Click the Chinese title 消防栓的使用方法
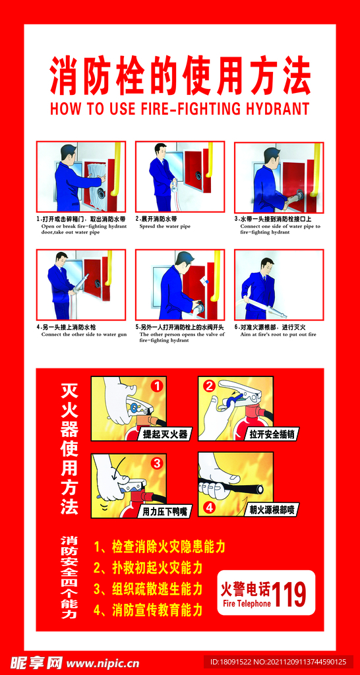[180, 76]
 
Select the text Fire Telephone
[247, 603]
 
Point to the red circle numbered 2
[209, 386]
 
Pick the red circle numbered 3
[156, 463]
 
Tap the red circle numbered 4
[209, 508]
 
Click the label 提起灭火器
[165, 434]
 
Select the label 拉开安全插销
[272, 434]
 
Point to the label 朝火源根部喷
[271, 510]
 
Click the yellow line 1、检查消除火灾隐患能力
[160, 546]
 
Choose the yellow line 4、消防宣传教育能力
[148, 610]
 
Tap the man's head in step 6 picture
[266, 266]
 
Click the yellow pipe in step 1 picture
[117, 168]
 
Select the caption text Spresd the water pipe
[165, 226]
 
